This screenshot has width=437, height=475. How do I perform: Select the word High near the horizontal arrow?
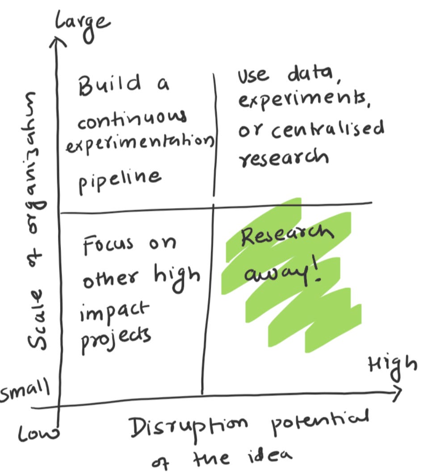point(392,367)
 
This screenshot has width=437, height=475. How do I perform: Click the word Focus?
point(108,244)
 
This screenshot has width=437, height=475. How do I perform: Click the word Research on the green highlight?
point(286,237)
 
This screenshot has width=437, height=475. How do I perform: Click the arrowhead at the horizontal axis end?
point(397,391)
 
